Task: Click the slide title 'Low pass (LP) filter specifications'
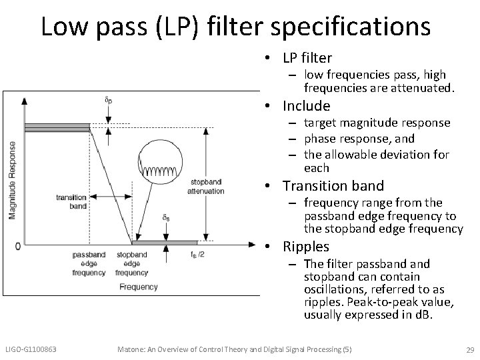[235, 26]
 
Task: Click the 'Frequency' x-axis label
[139, 287]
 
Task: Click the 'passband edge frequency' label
[89, 263]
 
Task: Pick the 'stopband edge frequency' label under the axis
[132, 263]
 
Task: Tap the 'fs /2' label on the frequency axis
[197, 254]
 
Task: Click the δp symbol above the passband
[109, 101]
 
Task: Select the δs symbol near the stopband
[165, 217]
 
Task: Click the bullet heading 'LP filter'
[307, 59]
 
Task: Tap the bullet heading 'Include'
[306, 106]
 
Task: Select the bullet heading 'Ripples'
[305, 247]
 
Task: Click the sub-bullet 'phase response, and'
[359, 139]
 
